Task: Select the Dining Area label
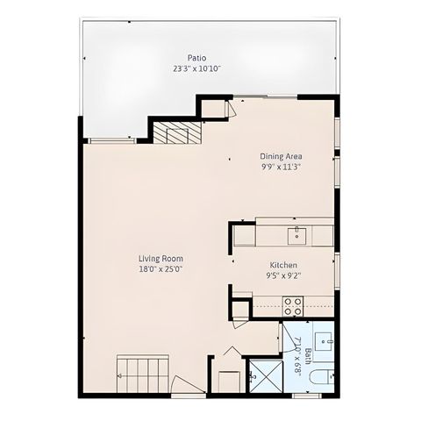(281, 156)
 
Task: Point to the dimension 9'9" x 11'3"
(281, 167)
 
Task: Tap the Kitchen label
(283, 265)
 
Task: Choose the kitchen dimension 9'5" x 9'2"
(283, 275)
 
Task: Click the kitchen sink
(297, 234)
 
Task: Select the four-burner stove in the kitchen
(293, 306)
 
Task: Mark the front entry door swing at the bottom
(186, 385)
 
